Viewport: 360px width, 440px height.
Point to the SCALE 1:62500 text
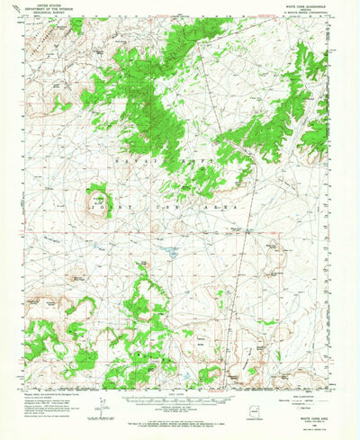[x=180, y=393]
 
